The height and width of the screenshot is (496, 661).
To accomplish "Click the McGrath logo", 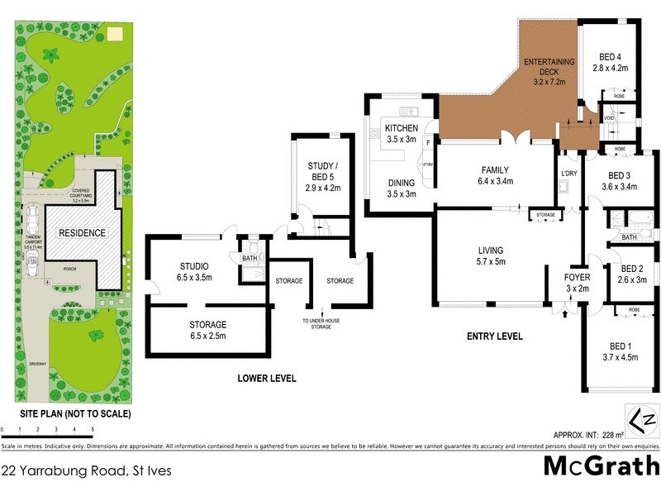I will tap(600, 466).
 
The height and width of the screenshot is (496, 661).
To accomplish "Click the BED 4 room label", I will tap(612, 57).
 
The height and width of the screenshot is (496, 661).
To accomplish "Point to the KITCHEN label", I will tap(401, 128).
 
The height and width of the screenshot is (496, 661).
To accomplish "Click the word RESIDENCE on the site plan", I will tap(81, 233).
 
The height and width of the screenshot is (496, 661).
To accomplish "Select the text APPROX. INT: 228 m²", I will tap(587, 434).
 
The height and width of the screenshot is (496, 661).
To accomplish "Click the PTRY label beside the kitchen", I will tap(428, 165).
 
